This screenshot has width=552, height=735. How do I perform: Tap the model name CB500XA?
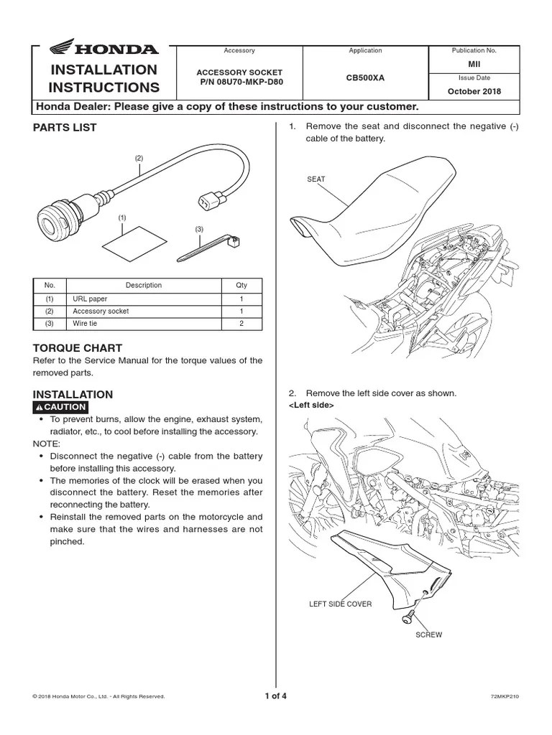tap(365, 77)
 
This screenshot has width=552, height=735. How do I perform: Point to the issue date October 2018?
tap(474, 91)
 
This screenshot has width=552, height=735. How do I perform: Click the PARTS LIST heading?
tap(65, 128)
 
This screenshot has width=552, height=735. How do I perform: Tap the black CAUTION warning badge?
tap(61, 407)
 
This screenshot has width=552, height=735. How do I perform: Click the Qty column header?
tap(241, 285)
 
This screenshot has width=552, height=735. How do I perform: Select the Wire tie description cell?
tap(85, 324)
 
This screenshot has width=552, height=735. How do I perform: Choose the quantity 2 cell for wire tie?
tap(241, 324)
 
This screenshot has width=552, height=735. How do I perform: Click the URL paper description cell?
tap(88, 298)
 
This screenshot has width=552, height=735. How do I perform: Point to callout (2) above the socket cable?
tap(139, 158)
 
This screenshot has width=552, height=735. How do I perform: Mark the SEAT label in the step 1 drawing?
tap(316, 179)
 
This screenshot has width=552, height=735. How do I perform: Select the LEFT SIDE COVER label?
tap(341, 604)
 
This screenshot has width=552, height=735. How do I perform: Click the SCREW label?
tap(429, 635)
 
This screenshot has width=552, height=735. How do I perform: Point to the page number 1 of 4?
tap(276, 696)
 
